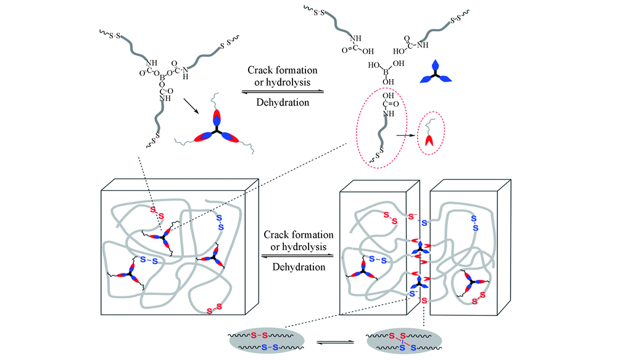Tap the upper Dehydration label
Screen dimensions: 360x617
click(282, 101)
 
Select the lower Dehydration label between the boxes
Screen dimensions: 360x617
click(299, 267)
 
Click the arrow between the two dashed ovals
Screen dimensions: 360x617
click(404, 134)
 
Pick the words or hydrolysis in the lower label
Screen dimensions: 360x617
click(299, 247)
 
